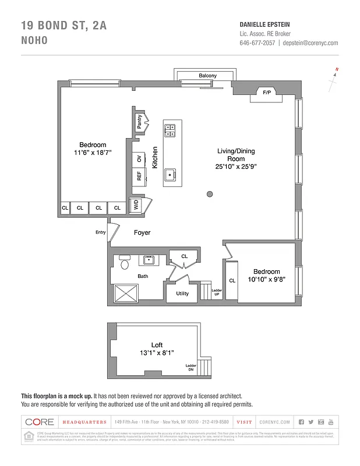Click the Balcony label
point(207,76)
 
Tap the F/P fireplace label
point(267,93)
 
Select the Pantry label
point(139,122)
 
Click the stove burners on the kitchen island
point(171,130)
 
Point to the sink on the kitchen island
point(171,174)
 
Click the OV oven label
point(139,158)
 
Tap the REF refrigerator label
point(139,176)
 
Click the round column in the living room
point(210,194)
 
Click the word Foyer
point(142,232)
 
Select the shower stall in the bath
point(124,292)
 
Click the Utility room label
point(182,294)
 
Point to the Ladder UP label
point(216,292)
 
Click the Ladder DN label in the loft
point(190,368)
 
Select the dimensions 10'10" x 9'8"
point(266,280)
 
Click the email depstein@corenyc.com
point(310,43)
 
